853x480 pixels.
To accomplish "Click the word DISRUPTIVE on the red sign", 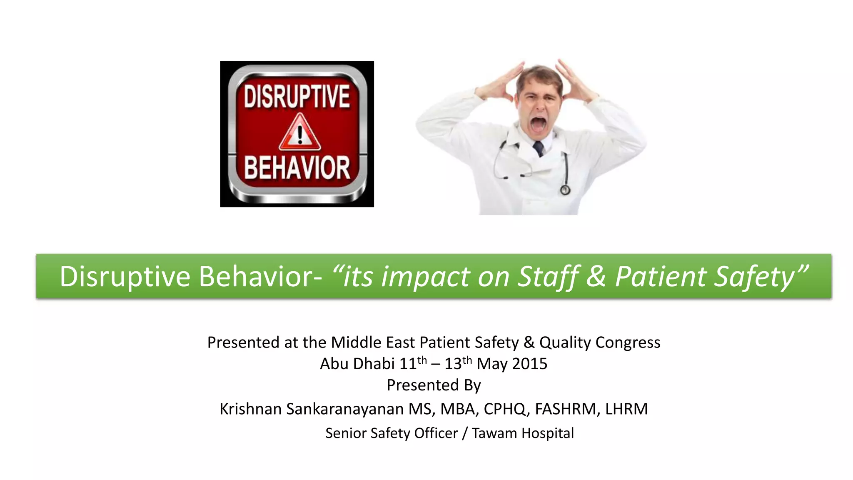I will (297, 97).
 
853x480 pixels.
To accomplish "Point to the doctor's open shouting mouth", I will (538, 124).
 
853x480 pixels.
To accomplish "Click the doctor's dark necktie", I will (538, 148).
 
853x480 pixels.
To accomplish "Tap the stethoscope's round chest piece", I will (565, 190).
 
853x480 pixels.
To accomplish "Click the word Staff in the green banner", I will (548, 277).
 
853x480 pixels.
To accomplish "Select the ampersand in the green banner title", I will (596, 277).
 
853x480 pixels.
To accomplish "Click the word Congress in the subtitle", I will (628, 342).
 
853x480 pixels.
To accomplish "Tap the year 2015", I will (529, 364).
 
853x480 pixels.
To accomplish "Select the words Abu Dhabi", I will (357, 364).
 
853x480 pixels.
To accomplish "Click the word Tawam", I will (494, 433).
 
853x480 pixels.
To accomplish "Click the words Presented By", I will (434, 385).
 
